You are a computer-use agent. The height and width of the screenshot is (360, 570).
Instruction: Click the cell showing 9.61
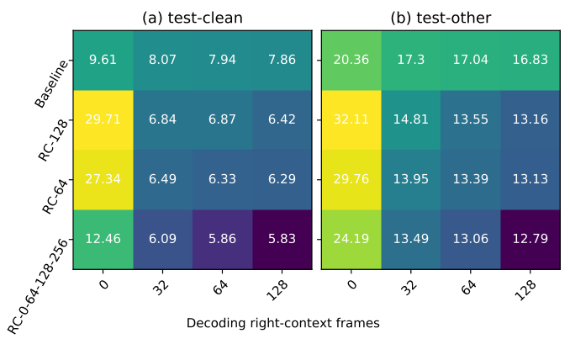[103, 60]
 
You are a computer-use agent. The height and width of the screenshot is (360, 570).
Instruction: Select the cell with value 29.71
[103, 119]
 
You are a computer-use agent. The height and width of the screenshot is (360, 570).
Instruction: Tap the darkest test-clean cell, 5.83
[282, 239]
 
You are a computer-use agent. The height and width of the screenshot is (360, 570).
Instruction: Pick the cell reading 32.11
[351, 119]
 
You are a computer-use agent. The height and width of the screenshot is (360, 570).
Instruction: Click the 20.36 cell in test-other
[351, 60]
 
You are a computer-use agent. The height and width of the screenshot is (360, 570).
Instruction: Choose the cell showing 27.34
[103, 179]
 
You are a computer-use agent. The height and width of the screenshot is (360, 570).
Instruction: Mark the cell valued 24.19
[351, 239]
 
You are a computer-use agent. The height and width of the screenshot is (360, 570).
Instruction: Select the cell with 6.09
[162, 239]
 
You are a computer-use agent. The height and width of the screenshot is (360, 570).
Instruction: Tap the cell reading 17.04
[470, 60]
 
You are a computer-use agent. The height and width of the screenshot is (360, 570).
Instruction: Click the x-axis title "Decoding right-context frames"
[283, 323]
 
